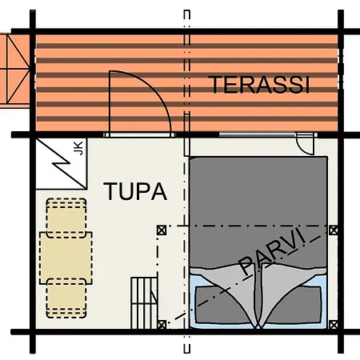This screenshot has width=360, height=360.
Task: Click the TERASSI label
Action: [x=258, y=85]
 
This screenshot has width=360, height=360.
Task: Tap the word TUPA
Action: [x=135, y=191]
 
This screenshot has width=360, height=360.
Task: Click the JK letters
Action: [x=78, y=148]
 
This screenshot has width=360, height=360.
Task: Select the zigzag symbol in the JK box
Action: [x=62, y=163]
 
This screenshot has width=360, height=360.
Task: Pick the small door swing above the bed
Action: [x=306, y=146]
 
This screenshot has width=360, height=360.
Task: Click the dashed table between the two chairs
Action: [x=66, y=258]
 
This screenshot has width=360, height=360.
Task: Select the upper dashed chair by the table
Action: [x=66, y=218]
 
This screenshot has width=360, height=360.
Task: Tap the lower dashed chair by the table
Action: [x=66, y=298]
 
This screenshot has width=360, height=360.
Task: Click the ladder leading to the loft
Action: [x=144, y=302]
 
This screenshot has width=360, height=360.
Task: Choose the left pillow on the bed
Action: [x=222, y=305]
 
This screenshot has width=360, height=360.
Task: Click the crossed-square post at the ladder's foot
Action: [x=162, y=325]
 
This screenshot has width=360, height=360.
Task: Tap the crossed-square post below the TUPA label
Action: [x=162, y=230]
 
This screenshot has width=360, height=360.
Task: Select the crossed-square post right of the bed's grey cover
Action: [x=334, y=230]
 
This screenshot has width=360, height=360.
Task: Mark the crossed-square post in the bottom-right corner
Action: [x=334, y=325]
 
